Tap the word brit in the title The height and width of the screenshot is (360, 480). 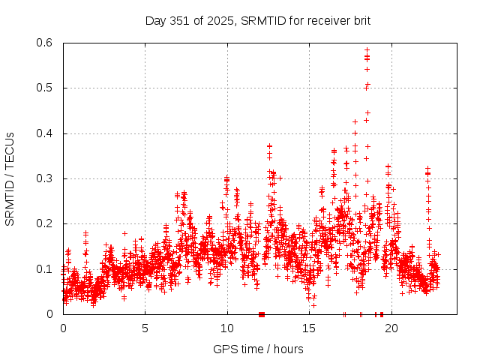coord(360,20)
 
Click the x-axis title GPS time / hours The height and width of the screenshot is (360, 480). coord(258,349)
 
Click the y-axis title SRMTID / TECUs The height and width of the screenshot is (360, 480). coord(10,179)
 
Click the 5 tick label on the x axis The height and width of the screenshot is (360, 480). coord(145,328)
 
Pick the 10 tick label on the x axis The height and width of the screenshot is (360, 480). coord(226,328)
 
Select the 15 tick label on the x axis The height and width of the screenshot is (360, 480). coord(309,328)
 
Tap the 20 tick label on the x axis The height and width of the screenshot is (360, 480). coord(391,328)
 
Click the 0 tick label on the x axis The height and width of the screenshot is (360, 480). coord(63,328)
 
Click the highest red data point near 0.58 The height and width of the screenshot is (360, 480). coord(367,50)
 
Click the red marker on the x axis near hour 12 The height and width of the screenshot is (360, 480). coord(261,314)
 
